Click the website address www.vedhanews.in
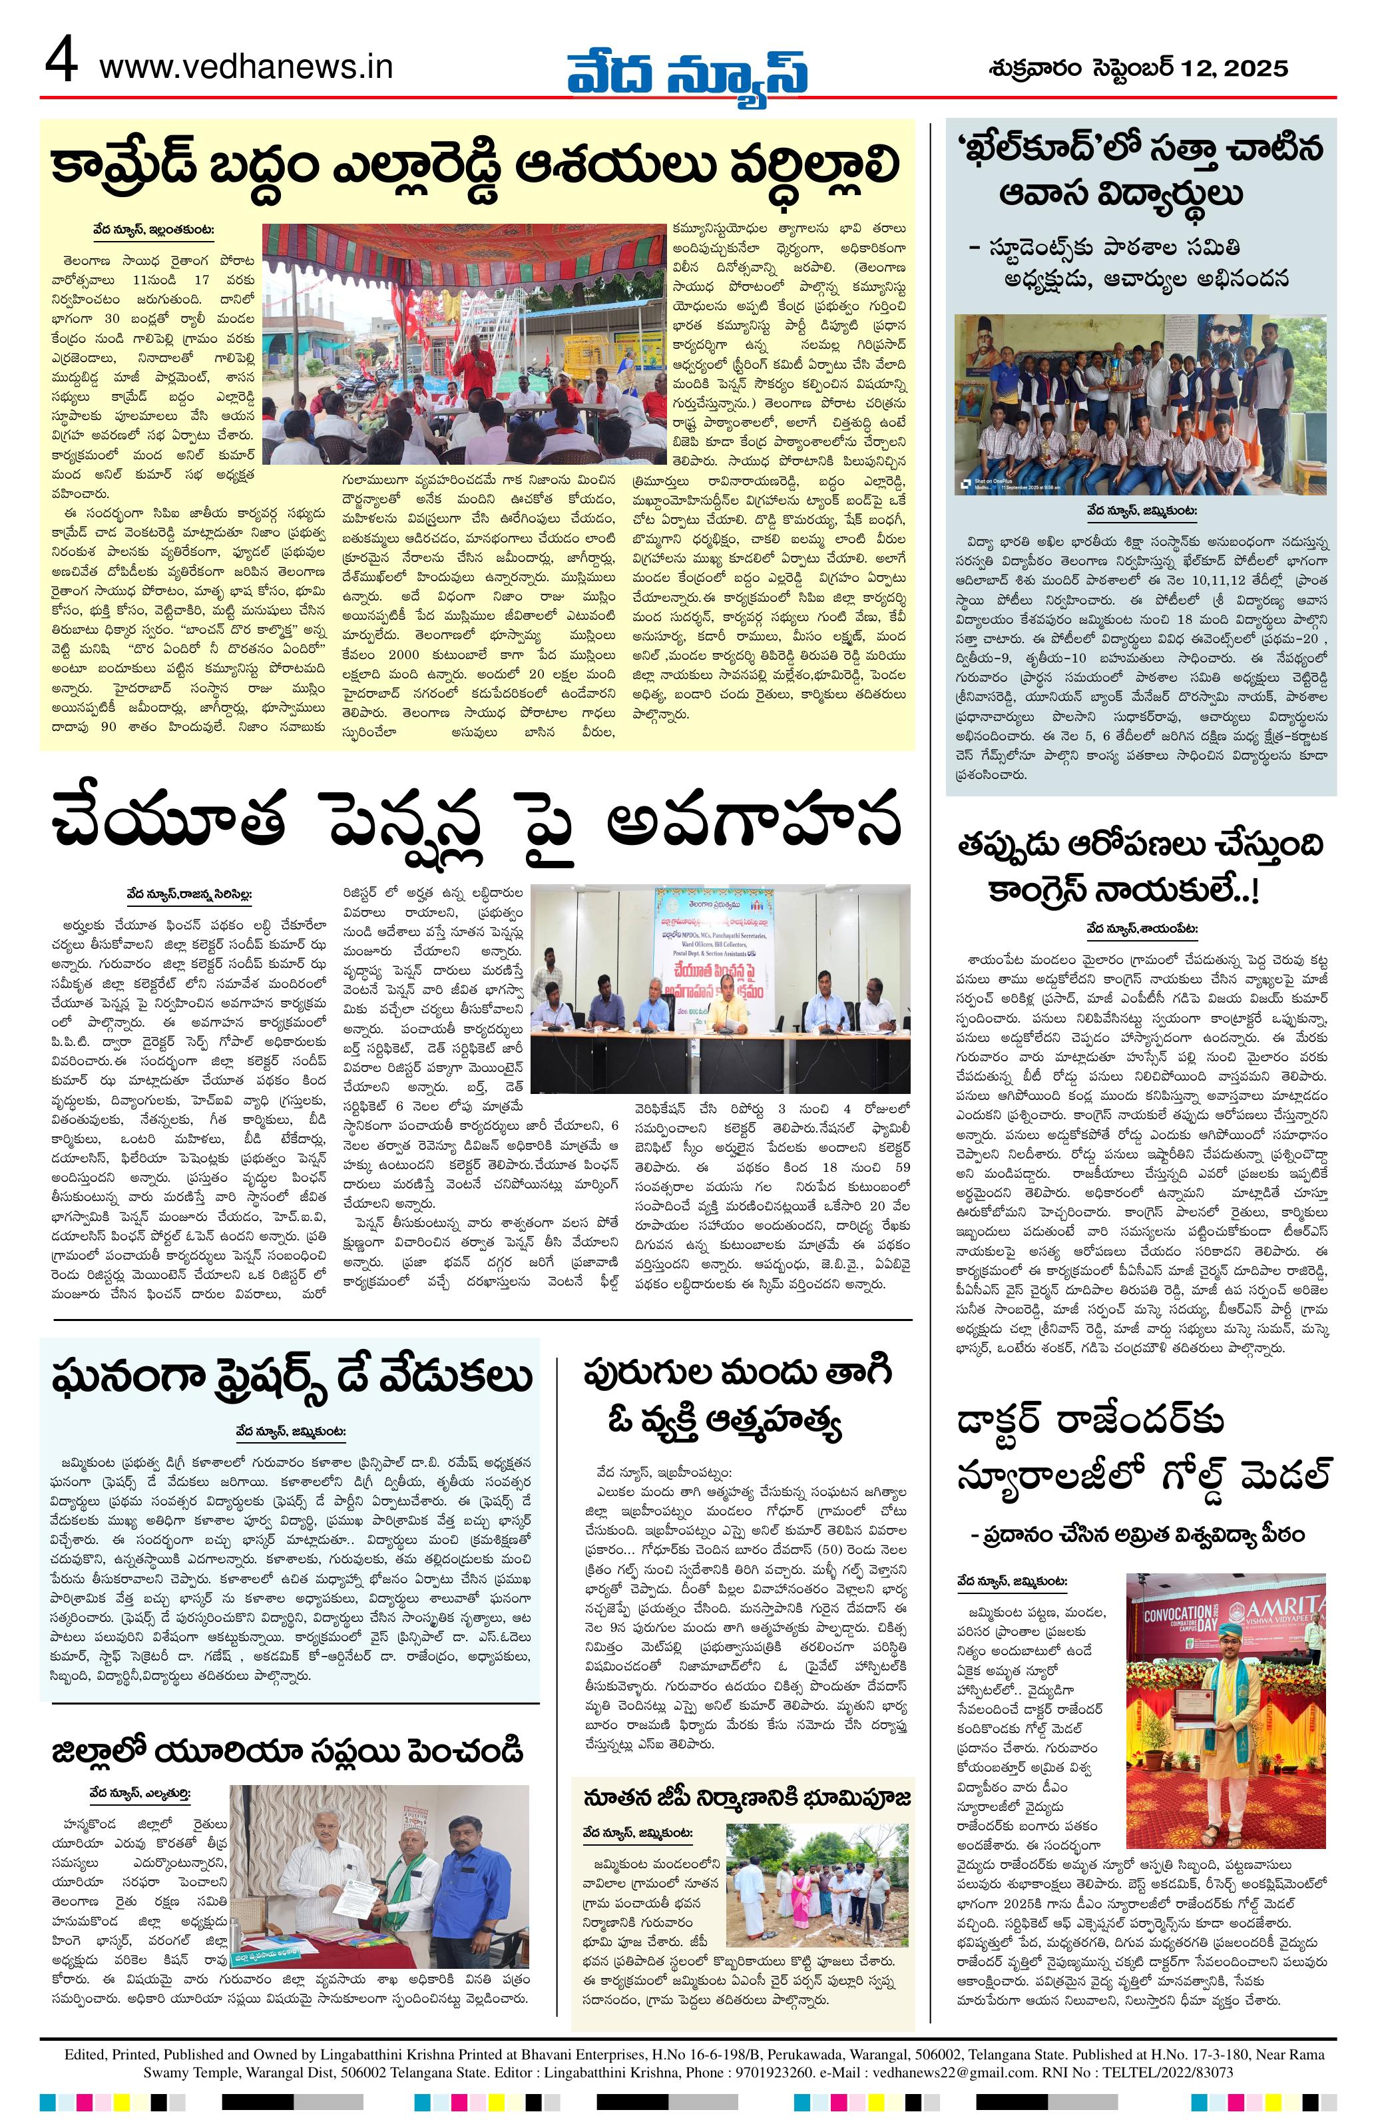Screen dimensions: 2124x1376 click(246, 67)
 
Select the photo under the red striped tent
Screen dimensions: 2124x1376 click(464, 344)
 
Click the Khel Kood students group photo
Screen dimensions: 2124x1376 click(1140, 404)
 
